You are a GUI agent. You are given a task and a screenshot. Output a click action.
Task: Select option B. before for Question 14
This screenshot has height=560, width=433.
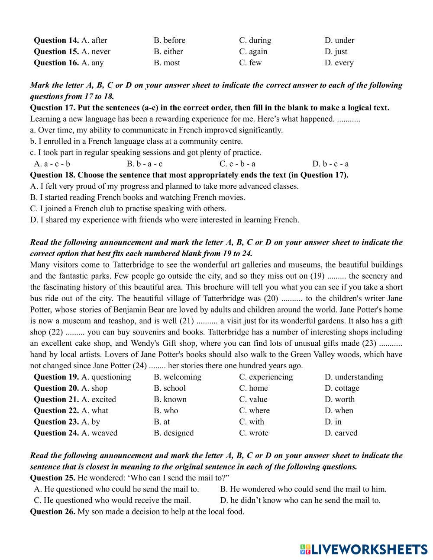point(169,40)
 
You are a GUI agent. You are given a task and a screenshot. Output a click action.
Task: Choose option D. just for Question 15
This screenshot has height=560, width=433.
point(336,51)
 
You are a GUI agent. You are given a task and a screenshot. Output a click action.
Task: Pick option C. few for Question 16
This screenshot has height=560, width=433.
point(250,63)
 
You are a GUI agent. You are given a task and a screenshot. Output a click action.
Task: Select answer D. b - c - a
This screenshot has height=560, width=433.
point(330,164)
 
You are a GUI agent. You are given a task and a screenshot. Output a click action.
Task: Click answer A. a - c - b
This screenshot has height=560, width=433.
point(52,164)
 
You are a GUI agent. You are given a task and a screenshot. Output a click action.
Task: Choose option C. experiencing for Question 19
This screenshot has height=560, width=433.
point(266,377)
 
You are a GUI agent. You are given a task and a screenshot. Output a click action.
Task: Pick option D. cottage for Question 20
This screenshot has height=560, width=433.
point(342,388)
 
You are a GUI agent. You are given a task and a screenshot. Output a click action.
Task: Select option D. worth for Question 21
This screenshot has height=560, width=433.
point(339,399)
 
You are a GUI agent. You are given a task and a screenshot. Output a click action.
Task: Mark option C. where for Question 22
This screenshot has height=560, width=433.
point(254,411)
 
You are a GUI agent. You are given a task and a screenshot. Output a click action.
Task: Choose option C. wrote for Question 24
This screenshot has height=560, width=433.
point(254,433)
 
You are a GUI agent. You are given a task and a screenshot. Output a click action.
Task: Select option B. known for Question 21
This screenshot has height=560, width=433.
point(170,399)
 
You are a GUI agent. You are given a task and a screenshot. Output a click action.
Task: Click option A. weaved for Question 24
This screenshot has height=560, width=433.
point(99,433)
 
